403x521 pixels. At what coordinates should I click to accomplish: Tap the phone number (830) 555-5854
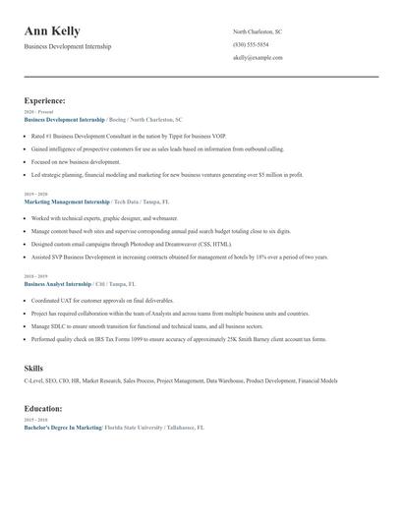[x=251, y=45]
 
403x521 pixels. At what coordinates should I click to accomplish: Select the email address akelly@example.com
[x=258, y=58]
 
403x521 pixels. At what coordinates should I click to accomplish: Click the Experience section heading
[x=44, y=100]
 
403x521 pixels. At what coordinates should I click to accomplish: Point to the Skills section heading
[x=34, y=368]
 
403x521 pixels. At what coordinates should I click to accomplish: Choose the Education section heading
[x=43, y=408]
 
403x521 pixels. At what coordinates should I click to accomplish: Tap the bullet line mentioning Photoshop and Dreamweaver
[x=132, y=244]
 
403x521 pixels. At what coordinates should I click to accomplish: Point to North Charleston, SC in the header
[x=259, y=32]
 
